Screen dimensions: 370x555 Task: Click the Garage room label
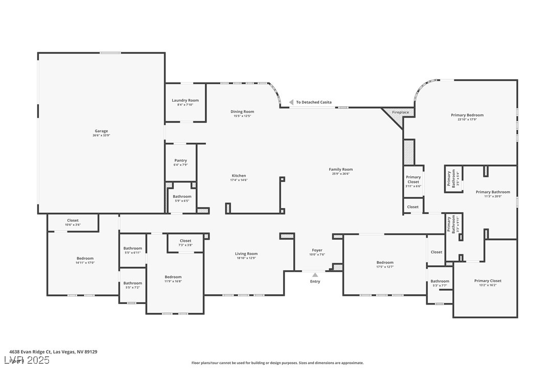point(101,131)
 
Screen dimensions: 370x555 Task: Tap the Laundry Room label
point(185,101)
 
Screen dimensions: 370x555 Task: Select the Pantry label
point(180,160)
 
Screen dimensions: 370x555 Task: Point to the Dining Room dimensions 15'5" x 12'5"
point(242,116)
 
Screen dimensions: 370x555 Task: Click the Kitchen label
point(239,176)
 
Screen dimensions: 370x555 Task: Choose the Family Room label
point(340,170)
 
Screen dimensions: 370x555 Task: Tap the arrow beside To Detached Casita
point(291,102)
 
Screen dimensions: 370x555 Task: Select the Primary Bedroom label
point(467,115)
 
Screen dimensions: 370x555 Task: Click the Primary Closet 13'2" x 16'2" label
point(488,281)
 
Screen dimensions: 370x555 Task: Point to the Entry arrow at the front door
point(315,275)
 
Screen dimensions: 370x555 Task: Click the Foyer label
point(317,250)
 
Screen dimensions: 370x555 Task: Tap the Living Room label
point(246,254)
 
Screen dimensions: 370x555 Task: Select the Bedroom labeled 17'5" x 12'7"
point(385,263)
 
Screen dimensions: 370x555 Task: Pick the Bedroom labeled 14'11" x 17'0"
point(85,259)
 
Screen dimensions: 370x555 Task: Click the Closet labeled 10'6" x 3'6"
point(73,221)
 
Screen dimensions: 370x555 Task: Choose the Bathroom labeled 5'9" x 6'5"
point(181,197)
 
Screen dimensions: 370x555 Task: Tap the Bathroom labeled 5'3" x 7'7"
point(440,282)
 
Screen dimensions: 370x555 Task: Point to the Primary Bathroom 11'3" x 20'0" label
point(493,192)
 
